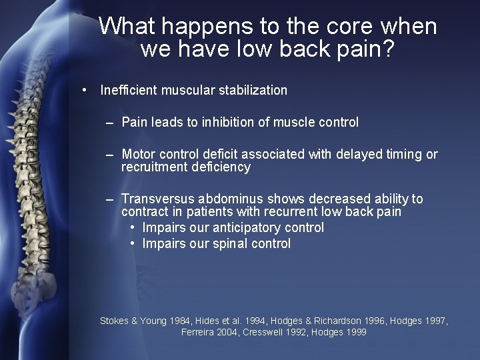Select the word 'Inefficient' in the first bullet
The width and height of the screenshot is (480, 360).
click(128, 90)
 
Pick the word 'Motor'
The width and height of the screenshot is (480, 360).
click(139, 155)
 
